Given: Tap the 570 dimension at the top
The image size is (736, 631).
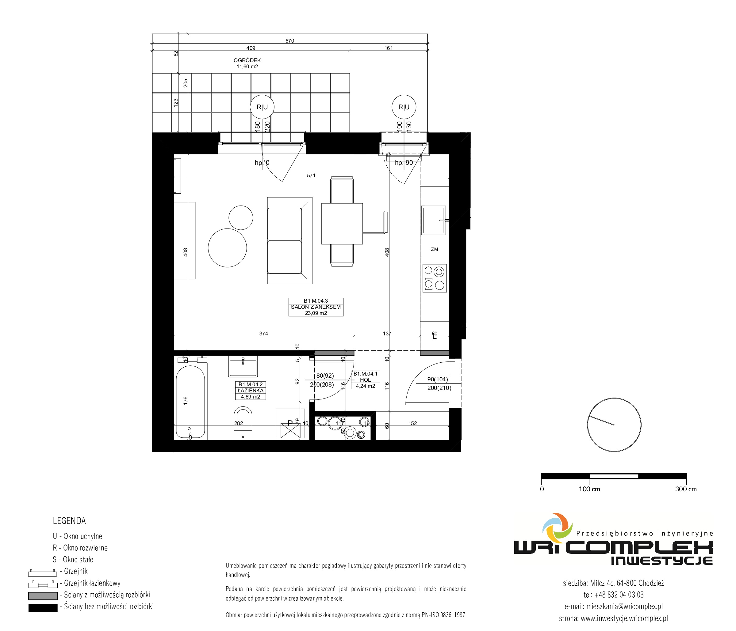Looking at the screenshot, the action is (290, 41).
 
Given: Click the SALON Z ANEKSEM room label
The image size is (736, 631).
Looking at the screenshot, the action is (316, 307).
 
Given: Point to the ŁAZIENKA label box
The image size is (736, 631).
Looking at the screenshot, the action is (251, 391).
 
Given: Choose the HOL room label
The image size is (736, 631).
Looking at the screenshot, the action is (366, 380).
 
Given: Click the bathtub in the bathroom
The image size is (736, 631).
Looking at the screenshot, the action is (190, 403).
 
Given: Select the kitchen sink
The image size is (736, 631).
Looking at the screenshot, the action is (434, 220).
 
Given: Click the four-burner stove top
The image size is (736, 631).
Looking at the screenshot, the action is (435, 278).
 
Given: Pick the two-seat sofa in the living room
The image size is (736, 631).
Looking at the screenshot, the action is (290, 241).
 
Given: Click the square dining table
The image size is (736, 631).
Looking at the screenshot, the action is (342, 224).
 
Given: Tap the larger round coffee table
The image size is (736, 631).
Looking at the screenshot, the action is (227, 248).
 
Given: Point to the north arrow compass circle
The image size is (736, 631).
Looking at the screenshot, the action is (614, 425).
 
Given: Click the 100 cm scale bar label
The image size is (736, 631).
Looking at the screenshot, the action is (589, 489).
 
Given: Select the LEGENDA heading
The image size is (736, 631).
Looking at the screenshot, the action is (69, 521).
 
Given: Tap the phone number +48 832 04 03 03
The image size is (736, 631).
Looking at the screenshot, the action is (613, 595).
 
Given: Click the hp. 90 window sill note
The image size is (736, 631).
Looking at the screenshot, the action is (404, 163).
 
